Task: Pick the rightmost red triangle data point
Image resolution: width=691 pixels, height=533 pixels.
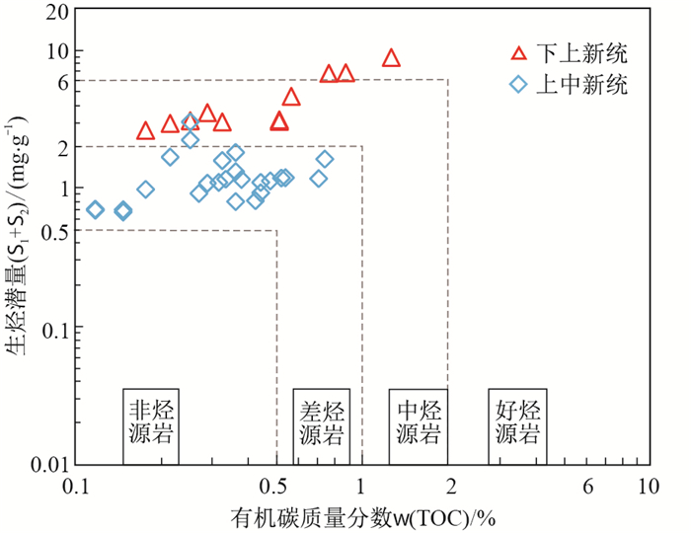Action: (x=391, y=58)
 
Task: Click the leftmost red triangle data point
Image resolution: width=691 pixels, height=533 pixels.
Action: (x=145, y=130)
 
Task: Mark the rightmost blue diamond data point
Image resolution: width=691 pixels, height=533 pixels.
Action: (x=325, y=159)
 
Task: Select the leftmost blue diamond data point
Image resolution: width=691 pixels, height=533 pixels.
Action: (x=95, y=209)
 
